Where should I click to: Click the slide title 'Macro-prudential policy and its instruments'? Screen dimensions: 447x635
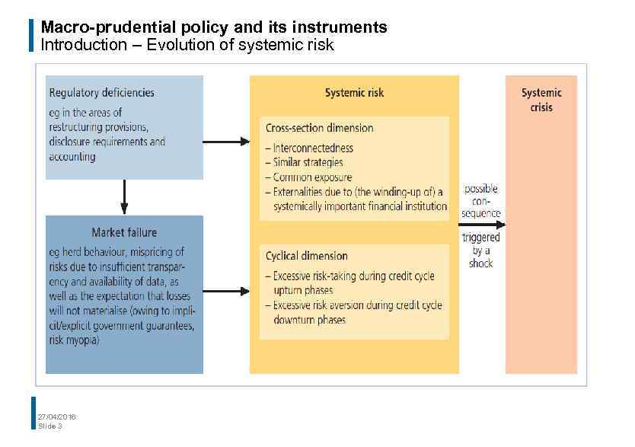pos(213,27)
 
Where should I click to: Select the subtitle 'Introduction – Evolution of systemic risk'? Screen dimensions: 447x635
pos(187,45)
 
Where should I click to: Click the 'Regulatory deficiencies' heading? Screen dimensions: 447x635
pos(101,93)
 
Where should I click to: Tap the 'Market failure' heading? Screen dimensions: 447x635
pos(124,232)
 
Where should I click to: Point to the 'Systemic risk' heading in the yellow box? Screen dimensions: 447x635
pos(354,93)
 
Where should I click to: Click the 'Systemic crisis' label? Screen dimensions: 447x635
pos(541,100)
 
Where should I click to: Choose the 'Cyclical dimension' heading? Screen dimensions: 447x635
pos(306,256)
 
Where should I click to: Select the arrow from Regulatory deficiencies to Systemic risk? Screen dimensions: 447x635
pos(226,141)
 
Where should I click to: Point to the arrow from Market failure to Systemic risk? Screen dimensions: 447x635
pos(226,291)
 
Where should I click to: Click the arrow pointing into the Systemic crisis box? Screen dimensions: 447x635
pos(483,225)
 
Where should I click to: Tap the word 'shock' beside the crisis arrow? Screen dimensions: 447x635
pos(481,263)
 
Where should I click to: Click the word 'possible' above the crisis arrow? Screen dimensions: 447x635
pos(481,189)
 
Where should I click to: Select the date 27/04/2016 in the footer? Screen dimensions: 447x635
pos(56,417)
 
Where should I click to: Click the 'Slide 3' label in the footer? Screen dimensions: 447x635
pos(50,426)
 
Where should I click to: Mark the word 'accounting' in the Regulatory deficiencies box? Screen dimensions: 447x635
pos(72,157)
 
